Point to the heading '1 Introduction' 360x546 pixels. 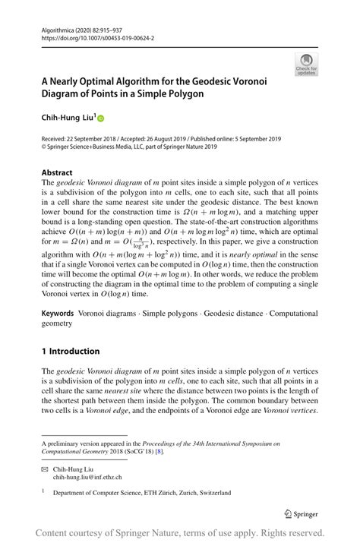point(71,351)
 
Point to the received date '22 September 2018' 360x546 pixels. point(99,139)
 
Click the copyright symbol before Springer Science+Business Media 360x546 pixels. point(45,147)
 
